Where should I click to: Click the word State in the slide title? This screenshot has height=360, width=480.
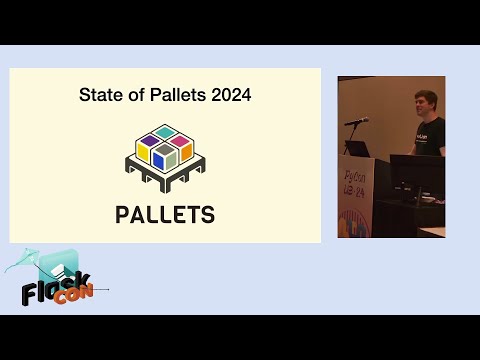tap(97, 96)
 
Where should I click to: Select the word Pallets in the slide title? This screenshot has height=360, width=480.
tap(175, 96)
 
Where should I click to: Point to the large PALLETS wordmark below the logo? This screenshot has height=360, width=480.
tap(165, 214)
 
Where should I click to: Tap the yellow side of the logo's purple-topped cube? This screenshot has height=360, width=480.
tap(144, 155)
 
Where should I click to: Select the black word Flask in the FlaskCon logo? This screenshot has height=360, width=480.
tap(55, 287)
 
